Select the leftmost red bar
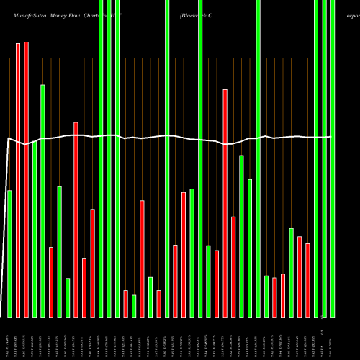pyautogui.click(x=18, y=180)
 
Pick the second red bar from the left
pyautogui.click(x=26, y=179)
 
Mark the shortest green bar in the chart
pyautogui.click(x=134, y=306)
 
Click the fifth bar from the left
pyautogui.click(x=42, y=201)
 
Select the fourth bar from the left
pyautogui.click(x=35, y=230)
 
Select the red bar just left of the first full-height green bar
pyautogui.click(x=92, y=263)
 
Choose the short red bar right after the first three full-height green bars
pyautogui.click(x=125, y=303)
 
